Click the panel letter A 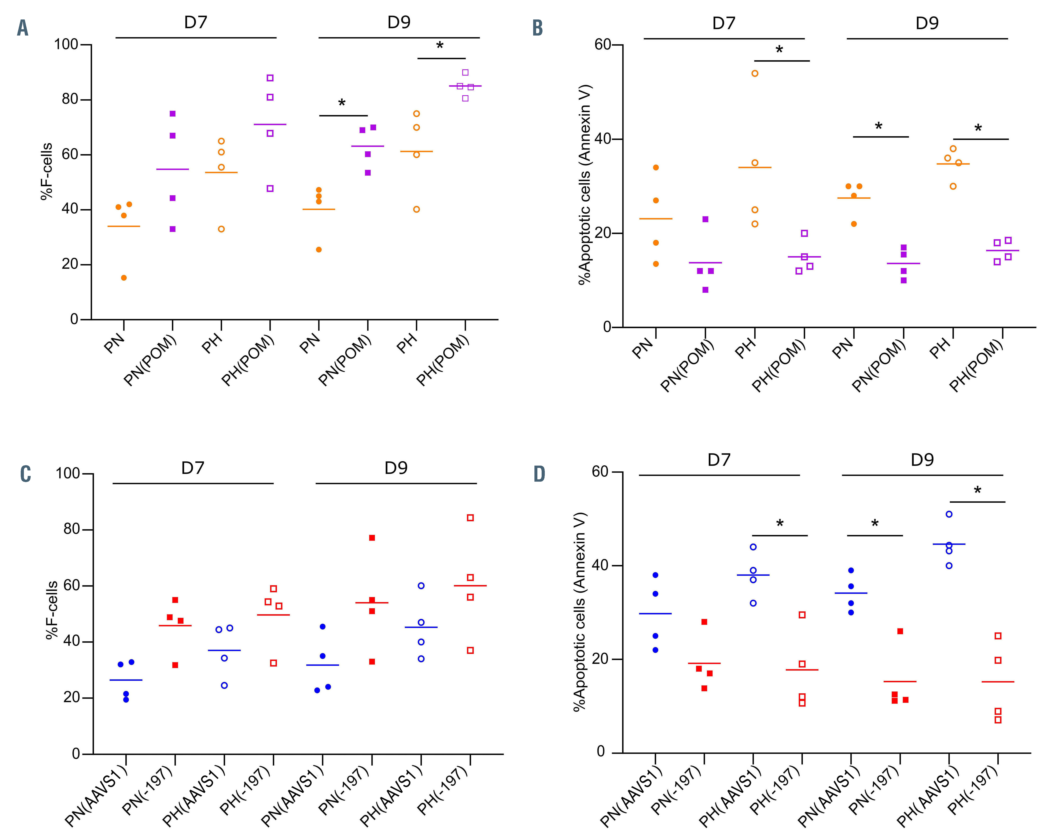[x=22, y=28]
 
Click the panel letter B [x=537, y=28]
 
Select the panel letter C [x=25, y=474]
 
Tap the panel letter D [x=539, y=474]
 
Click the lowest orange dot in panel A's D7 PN [x=124, y=278]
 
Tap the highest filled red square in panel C [x=372, y=538]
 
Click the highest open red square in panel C [x=470, y=518]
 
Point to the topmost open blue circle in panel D [x=949, y=514]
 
